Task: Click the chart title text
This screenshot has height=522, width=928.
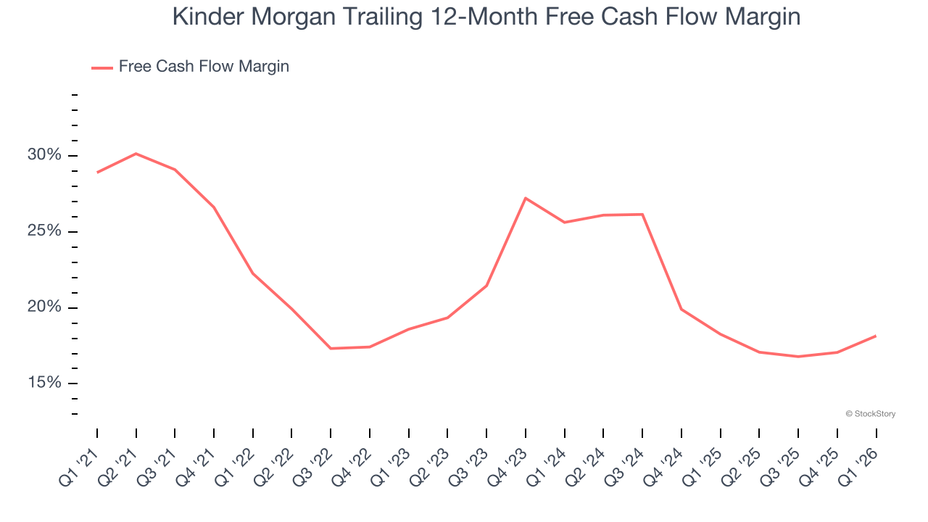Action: [x=486, y=16]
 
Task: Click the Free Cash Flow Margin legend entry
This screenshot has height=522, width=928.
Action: [x=203, y=67]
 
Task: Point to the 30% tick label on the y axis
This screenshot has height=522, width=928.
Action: [x=45, y=156]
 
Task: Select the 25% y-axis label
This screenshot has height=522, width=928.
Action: [x=45, y=232]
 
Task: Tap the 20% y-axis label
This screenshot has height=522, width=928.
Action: [x=45, y=307]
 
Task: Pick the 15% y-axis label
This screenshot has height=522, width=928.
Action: [x=45, y=384]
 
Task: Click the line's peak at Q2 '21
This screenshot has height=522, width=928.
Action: [x=136, y=154]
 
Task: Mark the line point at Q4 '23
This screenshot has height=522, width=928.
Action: [x=526, y=198]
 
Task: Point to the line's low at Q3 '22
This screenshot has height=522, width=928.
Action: [x=331, y=349]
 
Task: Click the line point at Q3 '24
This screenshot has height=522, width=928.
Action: [x=642, y=215]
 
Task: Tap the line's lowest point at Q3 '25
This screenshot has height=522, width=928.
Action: [x=798, y=357]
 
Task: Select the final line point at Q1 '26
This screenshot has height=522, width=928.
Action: [x=876, y=336]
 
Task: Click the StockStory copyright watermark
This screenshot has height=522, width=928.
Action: [x=870, y=414]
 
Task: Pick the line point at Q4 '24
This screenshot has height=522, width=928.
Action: [x=681, y=310]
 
